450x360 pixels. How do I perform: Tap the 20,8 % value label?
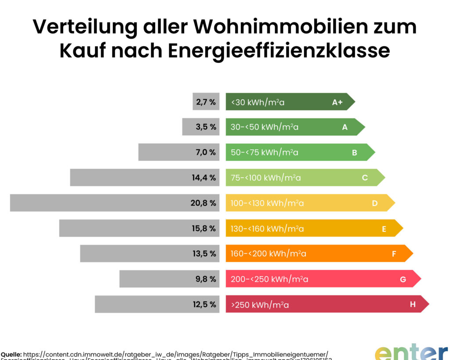click(203, 203)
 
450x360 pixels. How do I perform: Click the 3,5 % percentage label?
click(206, 127)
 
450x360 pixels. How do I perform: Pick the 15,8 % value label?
click(203, 229)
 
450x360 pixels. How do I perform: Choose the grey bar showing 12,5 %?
click(141, 304)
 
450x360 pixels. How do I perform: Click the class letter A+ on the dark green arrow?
click(337, 102)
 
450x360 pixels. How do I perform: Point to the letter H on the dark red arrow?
click(413, 304)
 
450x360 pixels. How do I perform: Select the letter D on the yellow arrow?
click(375, 203)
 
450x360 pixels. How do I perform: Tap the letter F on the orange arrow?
click(394, 254)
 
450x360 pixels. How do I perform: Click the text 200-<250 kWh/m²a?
click(269, 279)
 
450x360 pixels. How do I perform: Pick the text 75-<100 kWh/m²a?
click(266, 178)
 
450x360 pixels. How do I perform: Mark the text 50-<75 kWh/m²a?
click(265, 153)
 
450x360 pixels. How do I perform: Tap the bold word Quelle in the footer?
click(11, 354)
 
